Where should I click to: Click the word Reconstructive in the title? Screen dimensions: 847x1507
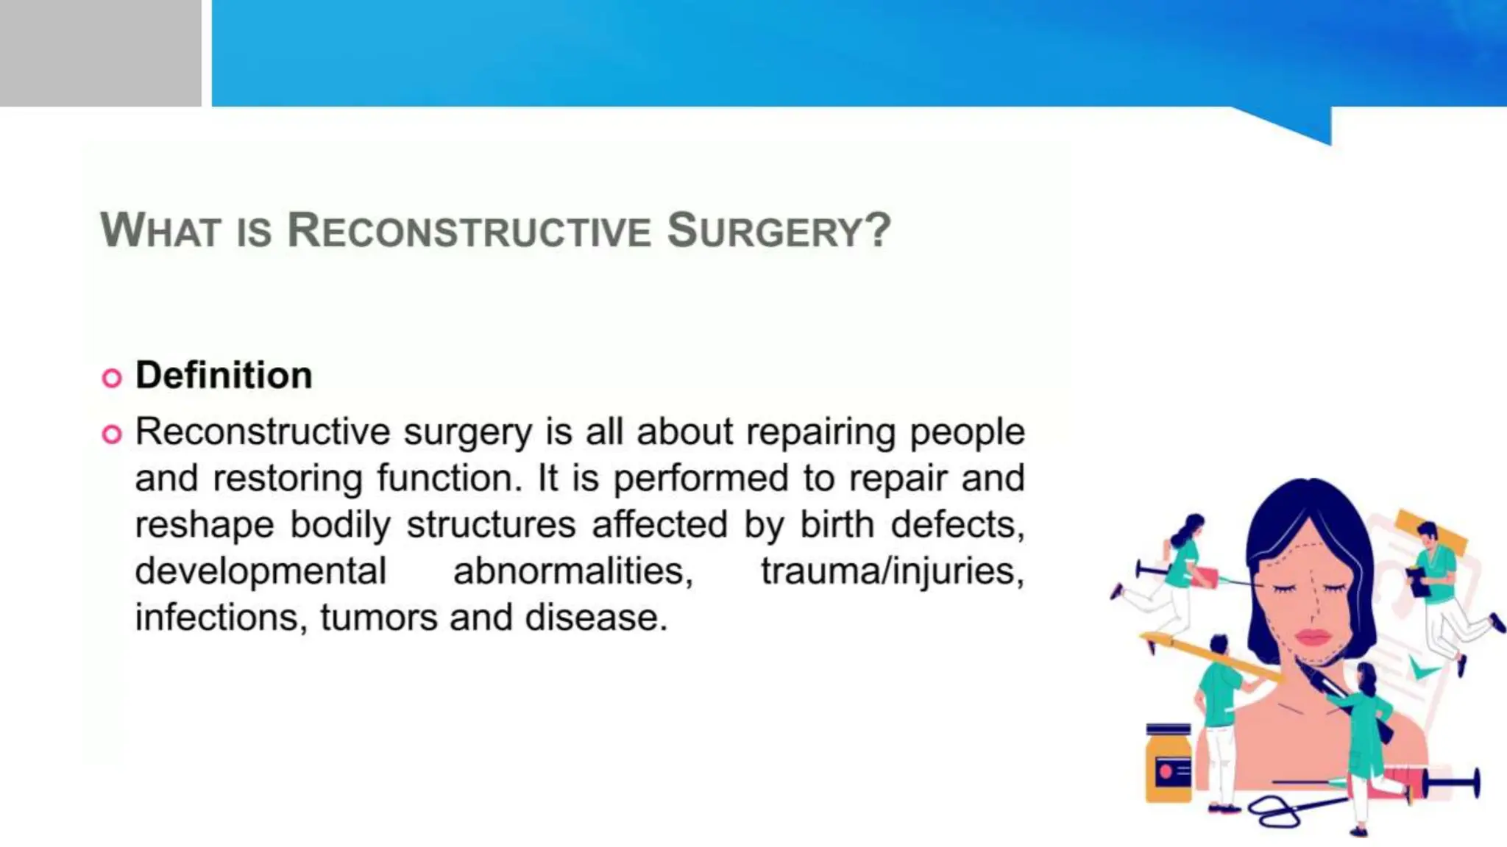[x=469, y=230]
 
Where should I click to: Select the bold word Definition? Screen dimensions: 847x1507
[x=224, y=375]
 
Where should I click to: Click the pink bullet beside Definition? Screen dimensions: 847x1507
[x=112, y=378]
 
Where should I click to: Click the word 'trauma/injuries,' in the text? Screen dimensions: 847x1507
[x=892, y=571]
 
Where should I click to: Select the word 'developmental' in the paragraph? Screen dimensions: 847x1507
[x=260, y=571]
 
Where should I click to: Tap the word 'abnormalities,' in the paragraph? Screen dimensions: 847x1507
[x=573, y=571]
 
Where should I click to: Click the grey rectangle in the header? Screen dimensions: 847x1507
[x=100, y=53]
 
